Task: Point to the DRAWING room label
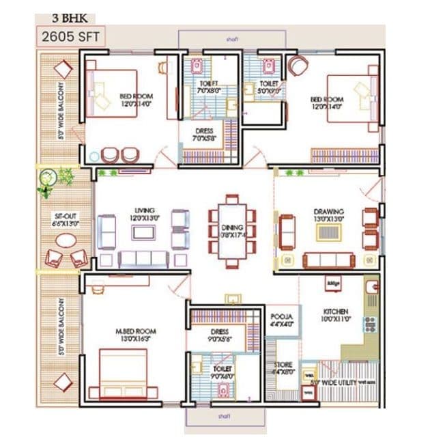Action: [x=329, y=215]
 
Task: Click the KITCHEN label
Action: [x=336, y=314]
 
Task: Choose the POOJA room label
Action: [x=281, y=320]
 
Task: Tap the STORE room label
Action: [x=284, y=369]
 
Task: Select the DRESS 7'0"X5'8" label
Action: [x=204, y=135]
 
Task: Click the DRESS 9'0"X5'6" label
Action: [x=220, y=335]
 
